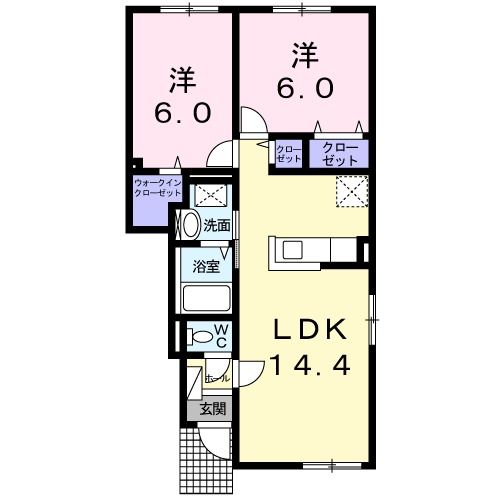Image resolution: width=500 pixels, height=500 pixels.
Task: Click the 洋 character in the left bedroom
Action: point(181,77)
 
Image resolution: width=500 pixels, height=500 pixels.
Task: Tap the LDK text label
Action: point(311,330)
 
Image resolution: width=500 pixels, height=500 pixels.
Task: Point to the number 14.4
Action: point(311,366)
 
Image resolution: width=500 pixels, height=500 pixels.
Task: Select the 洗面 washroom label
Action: point(217,225)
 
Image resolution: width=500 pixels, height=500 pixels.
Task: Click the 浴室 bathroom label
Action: point(208,266)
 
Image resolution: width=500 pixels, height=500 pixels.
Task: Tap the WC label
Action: point(222,335)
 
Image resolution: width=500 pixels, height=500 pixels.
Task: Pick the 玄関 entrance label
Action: point(211,408)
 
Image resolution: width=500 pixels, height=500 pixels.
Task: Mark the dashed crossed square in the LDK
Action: point(349,188)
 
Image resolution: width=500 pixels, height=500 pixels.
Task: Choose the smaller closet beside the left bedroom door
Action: point(288,154)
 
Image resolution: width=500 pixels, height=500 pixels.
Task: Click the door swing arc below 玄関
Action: point(214,438)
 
